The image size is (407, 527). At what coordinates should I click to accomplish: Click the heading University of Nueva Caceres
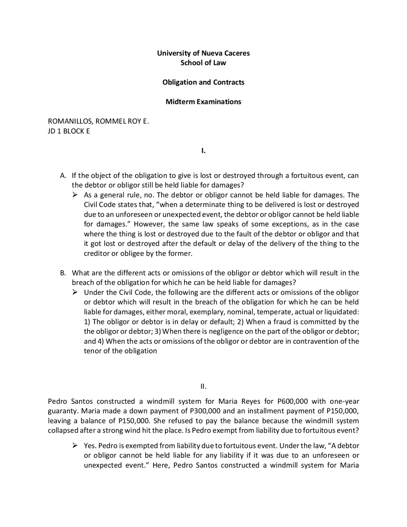(203, 53)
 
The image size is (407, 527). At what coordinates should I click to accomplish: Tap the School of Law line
(203, 63)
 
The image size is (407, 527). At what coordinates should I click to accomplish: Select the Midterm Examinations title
(203, 102)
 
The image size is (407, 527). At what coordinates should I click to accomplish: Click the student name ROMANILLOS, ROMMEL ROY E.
(98, 121)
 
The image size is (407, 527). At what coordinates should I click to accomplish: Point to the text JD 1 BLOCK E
(69, 131)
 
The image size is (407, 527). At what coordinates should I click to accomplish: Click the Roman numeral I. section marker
(203, 151)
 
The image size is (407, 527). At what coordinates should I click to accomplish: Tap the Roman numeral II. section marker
(203, 387)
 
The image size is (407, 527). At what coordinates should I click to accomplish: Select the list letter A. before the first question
(63, 176)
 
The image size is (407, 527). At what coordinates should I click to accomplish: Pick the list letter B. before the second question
(63, 273)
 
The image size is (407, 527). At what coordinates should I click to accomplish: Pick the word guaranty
(60, 411)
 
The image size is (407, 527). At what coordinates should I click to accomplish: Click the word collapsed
(63, 431)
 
